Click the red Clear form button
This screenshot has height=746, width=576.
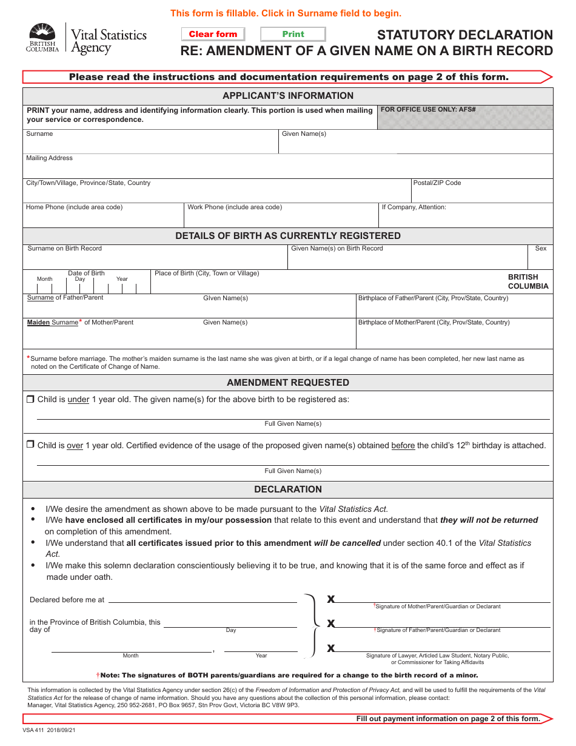pyautogui.click(x=213, y=35)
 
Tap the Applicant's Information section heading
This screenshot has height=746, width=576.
pyautogui.click(x=288, y=96)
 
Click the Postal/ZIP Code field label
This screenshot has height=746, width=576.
pyautogui.click(x=437, y=183)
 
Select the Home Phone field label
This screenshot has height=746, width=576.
pyautogui.click(x=74, y=207)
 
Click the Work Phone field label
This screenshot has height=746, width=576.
pyautogui.click(x=235, y=207)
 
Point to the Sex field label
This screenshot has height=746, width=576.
pyautogui.click(x=540, y=249)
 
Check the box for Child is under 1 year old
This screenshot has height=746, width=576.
pyautogui.click(x=30, y=400)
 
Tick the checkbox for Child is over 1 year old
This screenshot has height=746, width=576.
pyautogui.click(x=30, y=445)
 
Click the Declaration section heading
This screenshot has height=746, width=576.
pyautogui.click(x=288, y=489)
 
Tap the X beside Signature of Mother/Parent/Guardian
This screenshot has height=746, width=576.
pyautogui.click(x=331, y=599)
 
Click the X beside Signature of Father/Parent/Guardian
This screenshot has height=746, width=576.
pyautogui.click(x=331, y=623)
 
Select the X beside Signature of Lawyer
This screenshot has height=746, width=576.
pyautogui.click(x=331, y=648)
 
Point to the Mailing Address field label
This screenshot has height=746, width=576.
pyautogui.click(x=49, y=158)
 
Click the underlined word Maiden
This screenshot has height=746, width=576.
pyautogui.click(x=38, y=323)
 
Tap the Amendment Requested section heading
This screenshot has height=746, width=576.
pyautogui.click(x=288, y=383)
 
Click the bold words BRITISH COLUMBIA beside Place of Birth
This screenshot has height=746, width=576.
pyautogui.click(x=527, y=281)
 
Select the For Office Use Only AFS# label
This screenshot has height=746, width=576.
pyautogui.click(x=428, y=110)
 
